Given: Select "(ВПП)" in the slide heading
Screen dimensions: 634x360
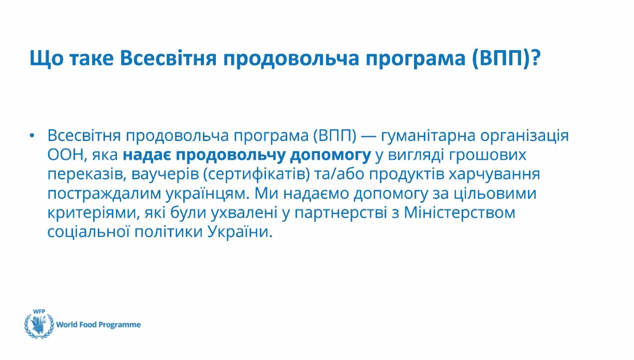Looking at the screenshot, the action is click(x=500, y=58).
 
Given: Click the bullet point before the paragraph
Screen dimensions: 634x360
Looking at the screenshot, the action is click(x=32, y=136).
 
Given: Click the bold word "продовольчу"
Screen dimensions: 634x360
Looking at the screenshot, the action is click(x=230, y=156).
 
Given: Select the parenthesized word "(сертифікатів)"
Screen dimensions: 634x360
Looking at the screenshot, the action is click(x=256, y=174).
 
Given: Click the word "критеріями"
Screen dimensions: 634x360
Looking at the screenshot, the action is click(x=94, y=213).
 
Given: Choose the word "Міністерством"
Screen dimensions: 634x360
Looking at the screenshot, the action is click(x=460, y=213).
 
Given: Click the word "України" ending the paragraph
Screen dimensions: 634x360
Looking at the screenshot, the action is click(x=240, y=232).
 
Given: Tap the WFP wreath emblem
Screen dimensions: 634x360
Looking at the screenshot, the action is click(x=39, y=325).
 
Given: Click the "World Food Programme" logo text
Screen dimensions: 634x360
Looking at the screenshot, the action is click(x=98, y=324).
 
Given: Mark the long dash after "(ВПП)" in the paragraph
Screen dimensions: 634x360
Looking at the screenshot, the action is click(x=368, y=137).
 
